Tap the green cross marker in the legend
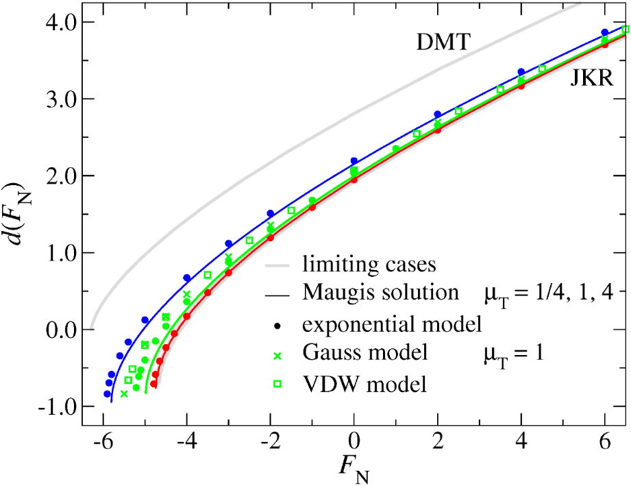[x=277, y=354]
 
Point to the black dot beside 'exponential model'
[x=277, y=324]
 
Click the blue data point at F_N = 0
[x=354, y=161]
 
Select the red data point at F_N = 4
[x=521, y=86]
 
